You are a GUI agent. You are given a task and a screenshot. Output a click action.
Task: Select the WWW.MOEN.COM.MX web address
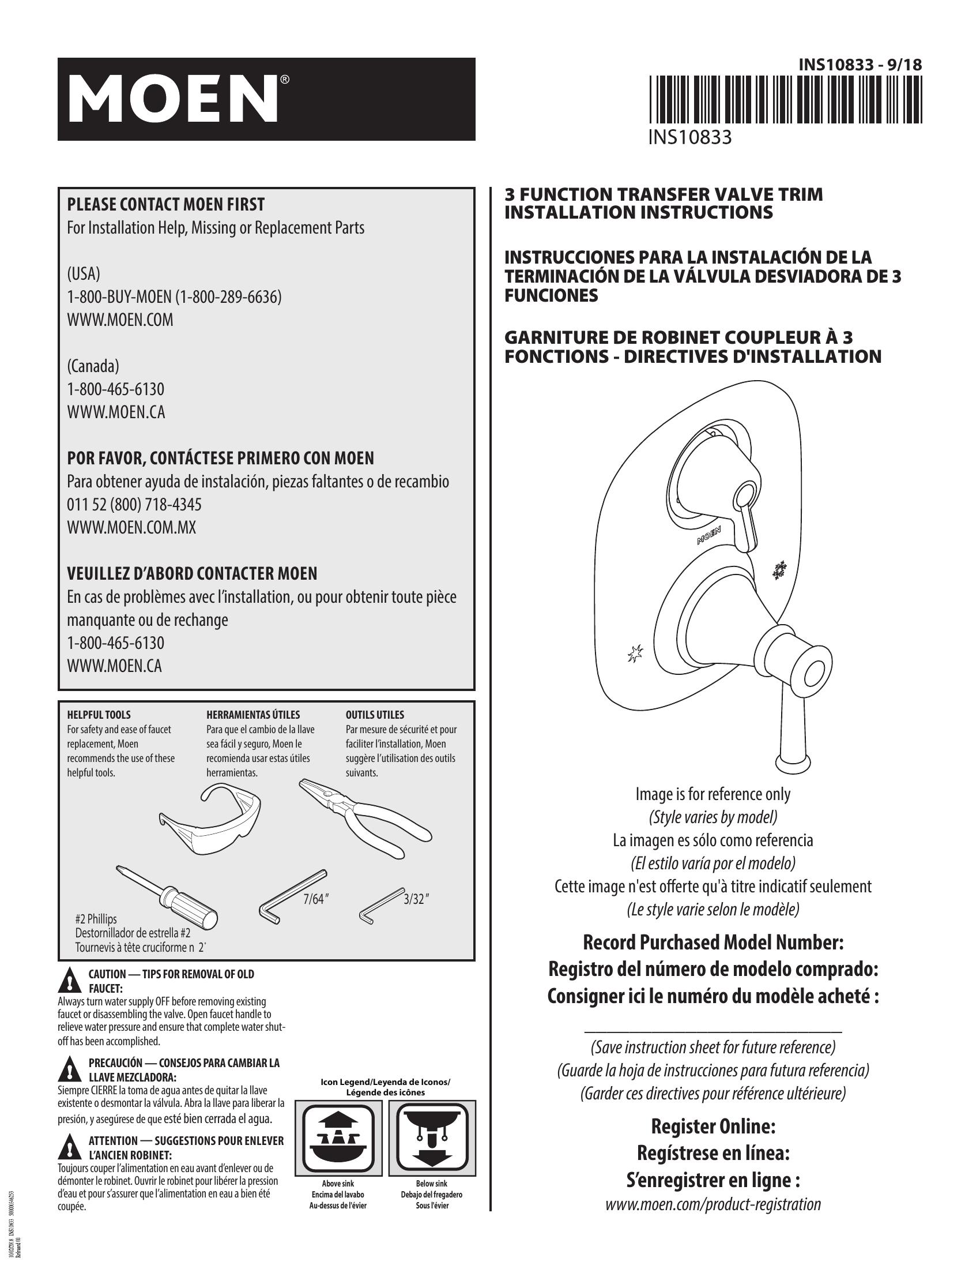coord(132,528)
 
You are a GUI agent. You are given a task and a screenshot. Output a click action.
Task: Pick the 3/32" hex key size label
coord(416,899)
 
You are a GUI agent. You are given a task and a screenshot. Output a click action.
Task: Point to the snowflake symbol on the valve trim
coord(779,570)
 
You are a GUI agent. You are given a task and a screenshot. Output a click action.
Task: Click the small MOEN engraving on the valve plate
coord(708,535)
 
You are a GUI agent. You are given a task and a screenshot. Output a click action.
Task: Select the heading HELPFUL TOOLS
coord(99,715)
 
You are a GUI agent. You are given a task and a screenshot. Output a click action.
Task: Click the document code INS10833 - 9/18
coord(860,65)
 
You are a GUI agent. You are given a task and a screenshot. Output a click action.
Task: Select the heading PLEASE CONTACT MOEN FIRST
coord(166,205)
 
